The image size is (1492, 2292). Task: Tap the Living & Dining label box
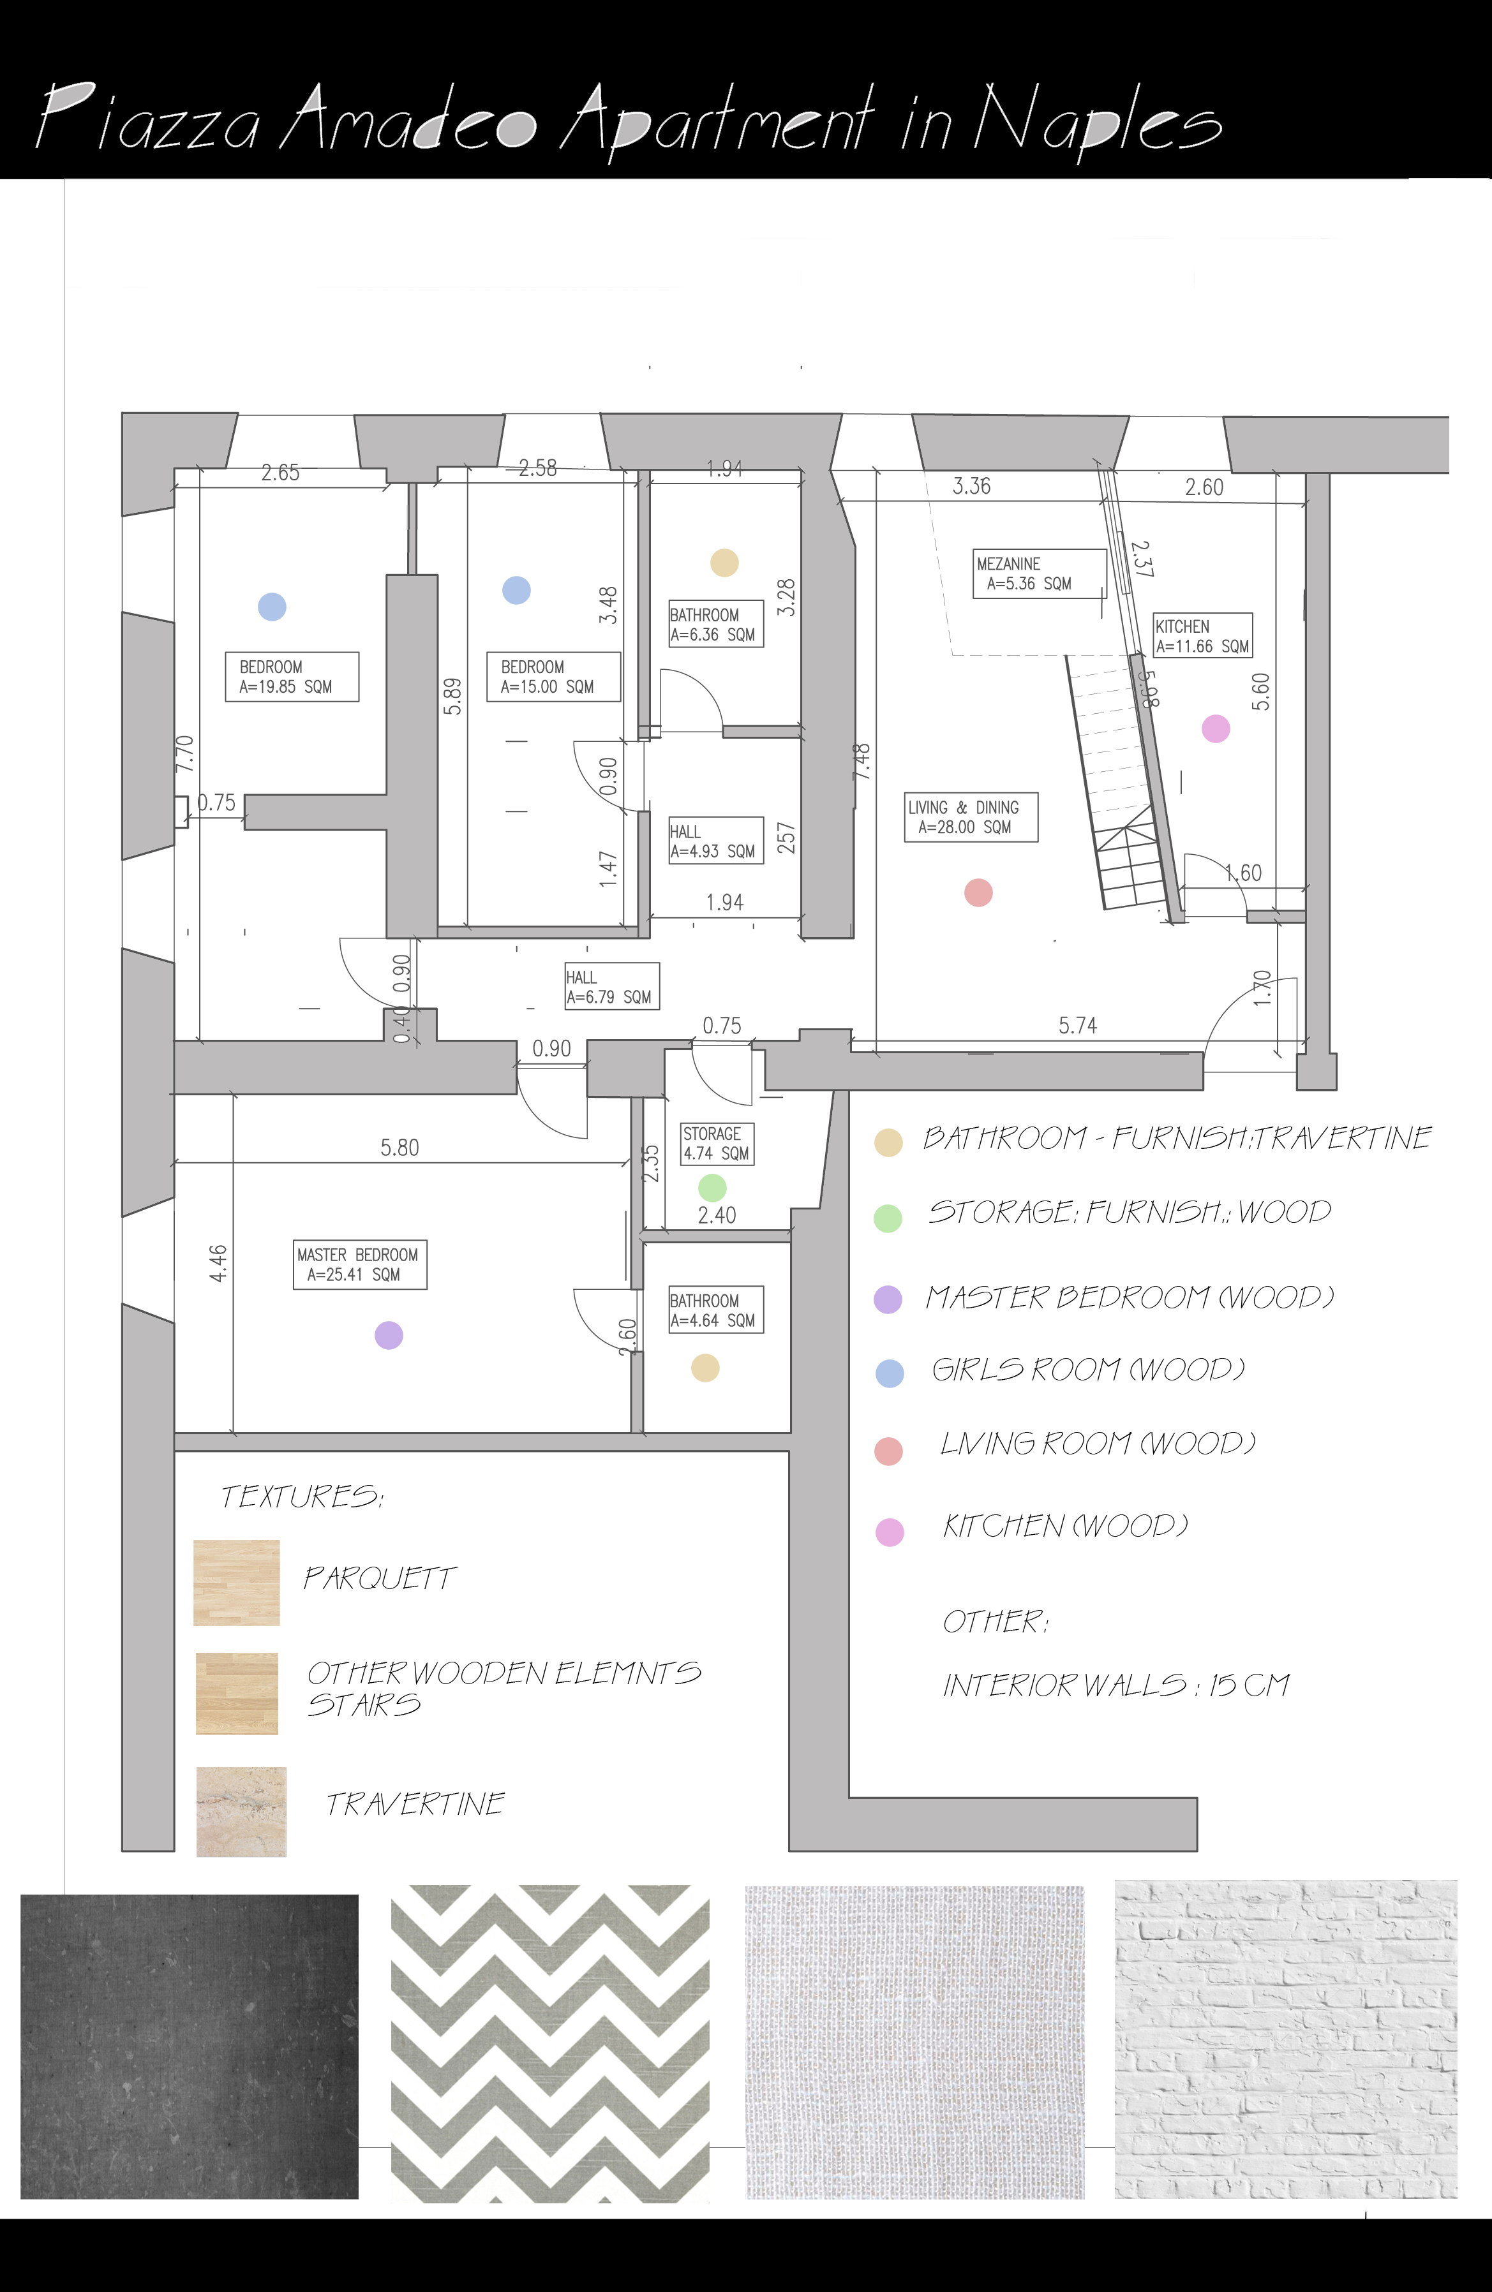(970, 817)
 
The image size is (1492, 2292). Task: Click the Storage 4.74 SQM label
(715, 1143)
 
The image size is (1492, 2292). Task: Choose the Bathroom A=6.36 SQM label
(715, 624)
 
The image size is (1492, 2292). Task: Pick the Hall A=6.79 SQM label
(611, 986)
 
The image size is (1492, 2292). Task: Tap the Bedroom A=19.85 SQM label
(291, 676)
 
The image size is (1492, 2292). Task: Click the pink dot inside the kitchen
(1216, 729)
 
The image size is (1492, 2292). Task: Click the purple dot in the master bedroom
(388, 1335)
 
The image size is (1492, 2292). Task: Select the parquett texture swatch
(236, 1582)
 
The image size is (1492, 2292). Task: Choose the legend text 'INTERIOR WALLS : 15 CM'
(1115, 1685)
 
